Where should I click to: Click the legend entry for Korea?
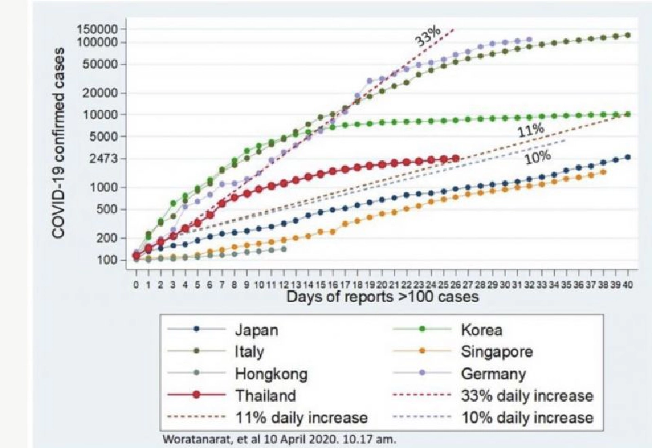pos(482,331)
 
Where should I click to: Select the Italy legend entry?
pos(249,352)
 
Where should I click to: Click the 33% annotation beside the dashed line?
pos(429,37)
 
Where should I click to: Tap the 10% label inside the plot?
pos(536,157)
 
